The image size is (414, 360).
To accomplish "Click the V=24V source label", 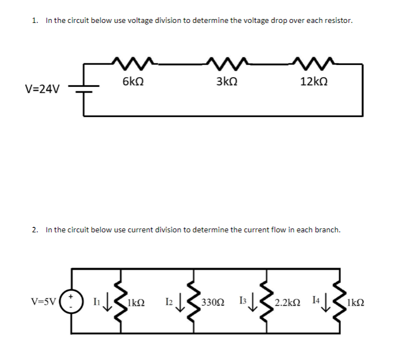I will pyautogui.click(x=42, y=89).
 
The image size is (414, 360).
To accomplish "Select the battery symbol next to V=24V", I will pyautogui.click(x=84, y=88).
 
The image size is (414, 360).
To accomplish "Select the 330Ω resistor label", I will pyautogui.click(x=212, y=302).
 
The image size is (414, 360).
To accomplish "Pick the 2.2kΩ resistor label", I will pyautogui.click(x=288, y=302).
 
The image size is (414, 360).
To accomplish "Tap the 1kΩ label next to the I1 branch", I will pyautogui.click(x=137, y=302).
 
